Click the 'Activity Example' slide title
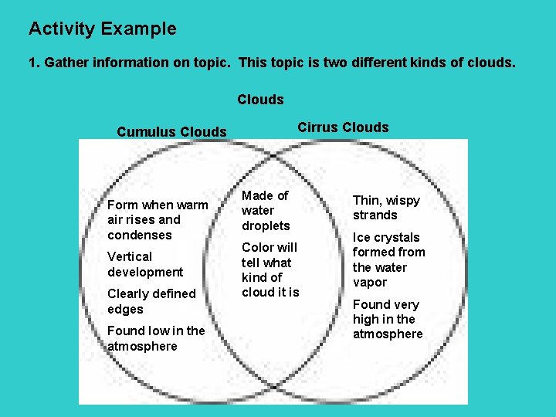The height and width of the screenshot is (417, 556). tap(102, 29)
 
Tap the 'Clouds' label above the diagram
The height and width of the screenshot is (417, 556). tap(260, 100)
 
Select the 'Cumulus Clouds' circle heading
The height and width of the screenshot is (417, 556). tap(171, 132)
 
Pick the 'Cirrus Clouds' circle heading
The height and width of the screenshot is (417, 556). tap(343, 127)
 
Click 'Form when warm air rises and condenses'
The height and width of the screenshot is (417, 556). tap(158, 220)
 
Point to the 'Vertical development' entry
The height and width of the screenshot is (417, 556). tap(145, 264)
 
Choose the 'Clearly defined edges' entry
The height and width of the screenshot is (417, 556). tap(151, 301)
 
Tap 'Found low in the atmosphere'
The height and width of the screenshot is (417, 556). tap(156, 338)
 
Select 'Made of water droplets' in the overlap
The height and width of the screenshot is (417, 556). tap(266, 211)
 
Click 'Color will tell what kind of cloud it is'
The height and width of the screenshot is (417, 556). tap(270, 270)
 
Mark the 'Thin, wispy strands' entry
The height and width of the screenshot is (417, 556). tap(386, 208)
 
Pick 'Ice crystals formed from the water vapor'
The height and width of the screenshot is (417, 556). tap(388, 259)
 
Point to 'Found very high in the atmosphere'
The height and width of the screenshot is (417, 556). tap(388, 319)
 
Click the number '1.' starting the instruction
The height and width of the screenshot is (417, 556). tap(34, 63)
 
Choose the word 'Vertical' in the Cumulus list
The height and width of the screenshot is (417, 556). tap(130, 256)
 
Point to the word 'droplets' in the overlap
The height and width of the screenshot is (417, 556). tap(266, 225)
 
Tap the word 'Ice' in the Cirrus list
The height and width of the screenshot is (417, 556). tap(362, 237)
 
